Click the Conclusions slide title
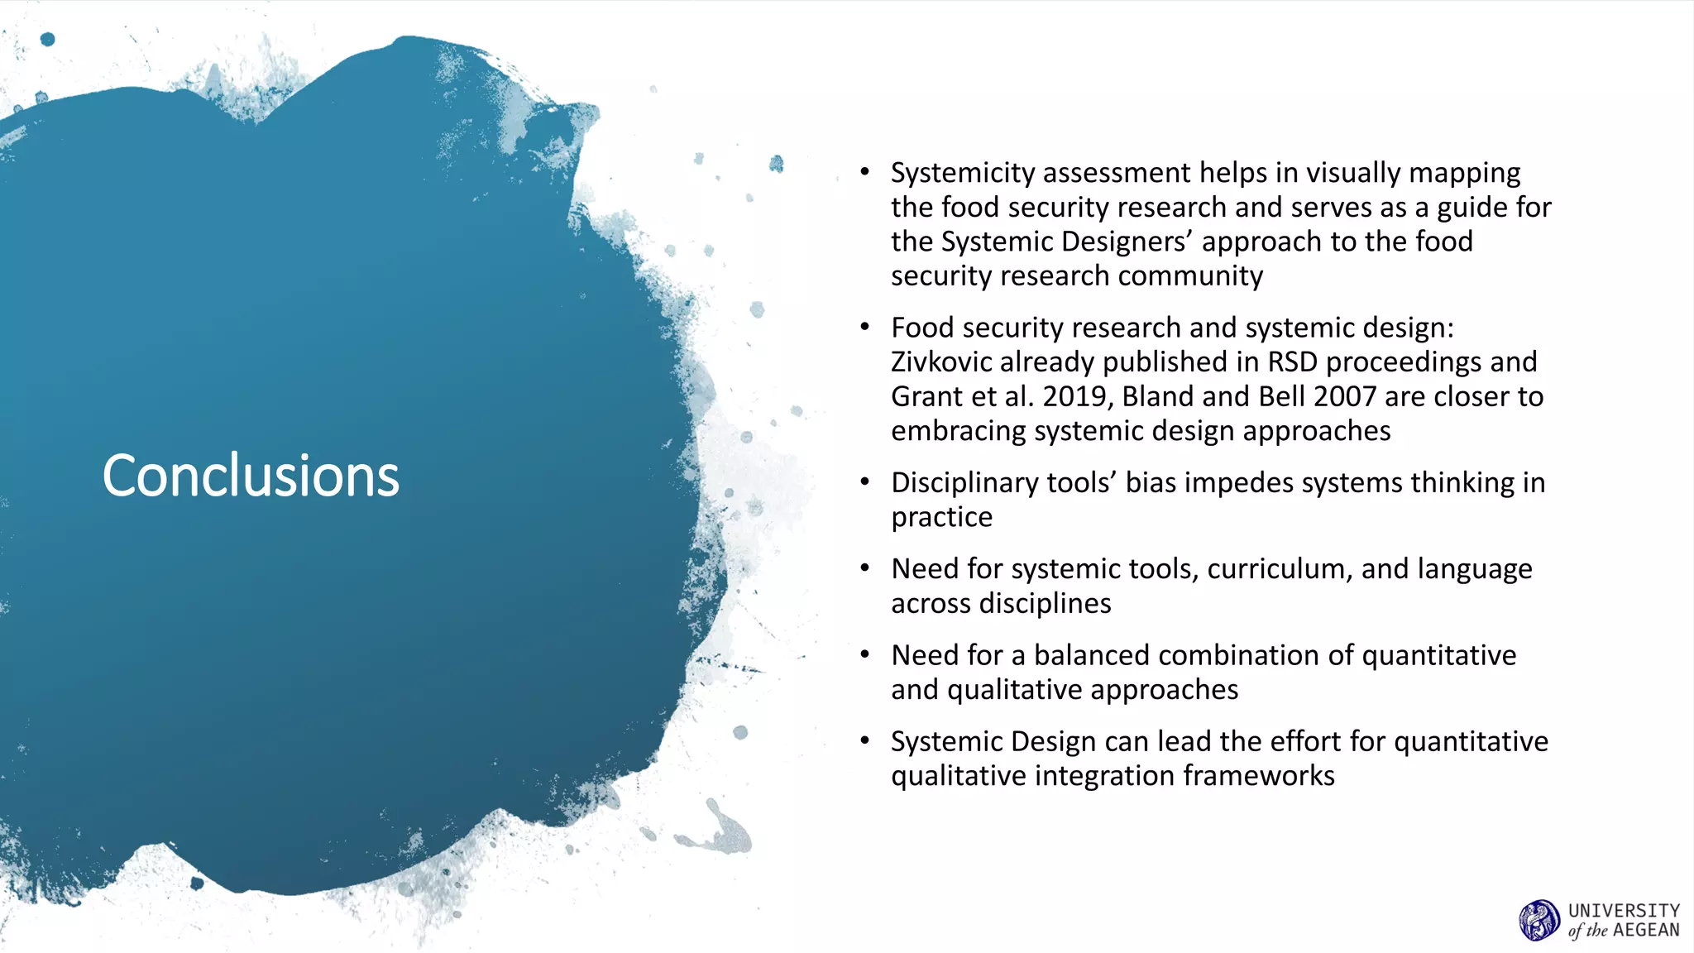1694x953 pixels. (251, 476)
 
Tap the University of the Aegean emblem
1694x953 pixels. (1538, 920)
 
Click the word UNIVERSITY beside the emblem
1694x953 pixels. (1624, 910)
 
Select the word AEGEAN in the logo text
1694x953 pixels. (1646, 931)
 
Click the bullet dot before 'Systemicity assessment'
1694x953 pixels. (864, 172)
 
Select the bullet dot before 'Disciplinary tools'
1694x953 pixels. (864, 481)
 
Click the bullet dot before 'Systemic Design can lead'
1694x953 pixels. (864, 740)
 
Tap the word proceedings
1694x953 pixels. (1404, 362)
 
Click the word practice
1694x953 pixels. (941, 518)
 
